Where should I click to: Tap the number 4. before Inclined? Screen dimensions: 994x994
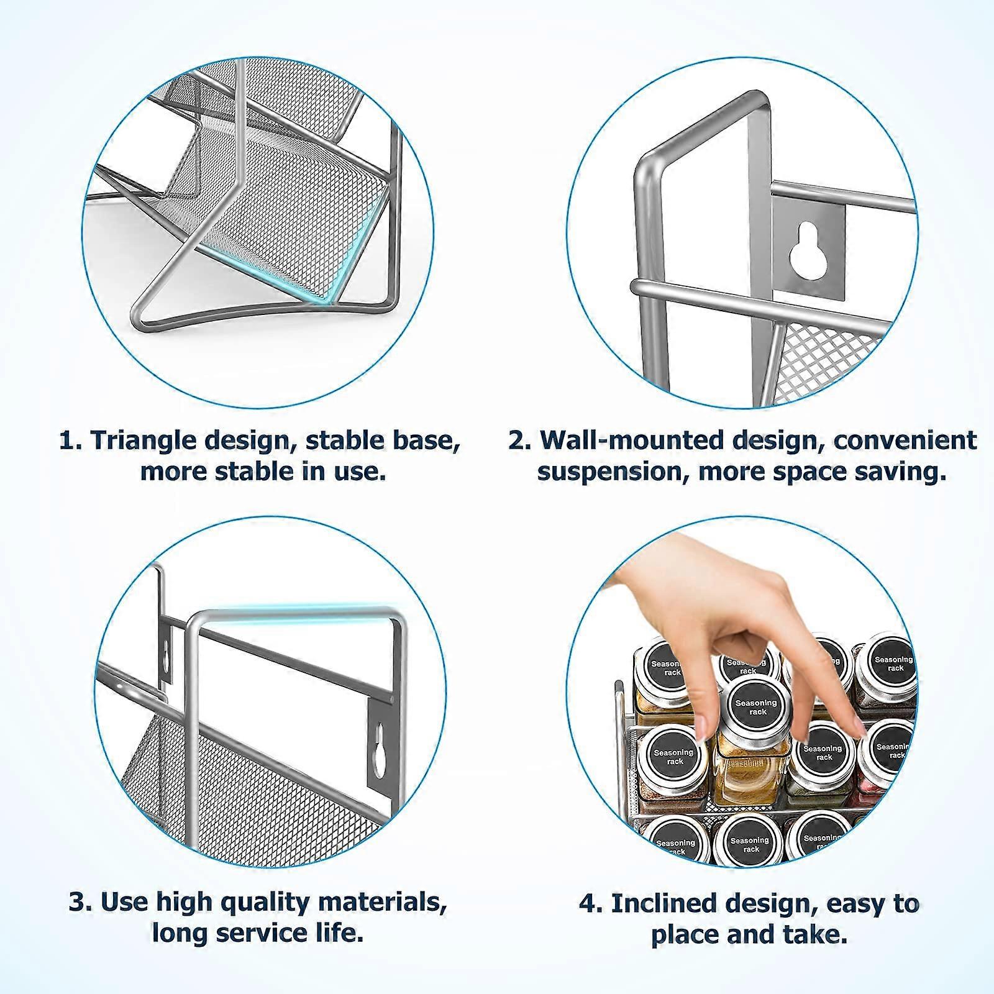click(x=591, y=903)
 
